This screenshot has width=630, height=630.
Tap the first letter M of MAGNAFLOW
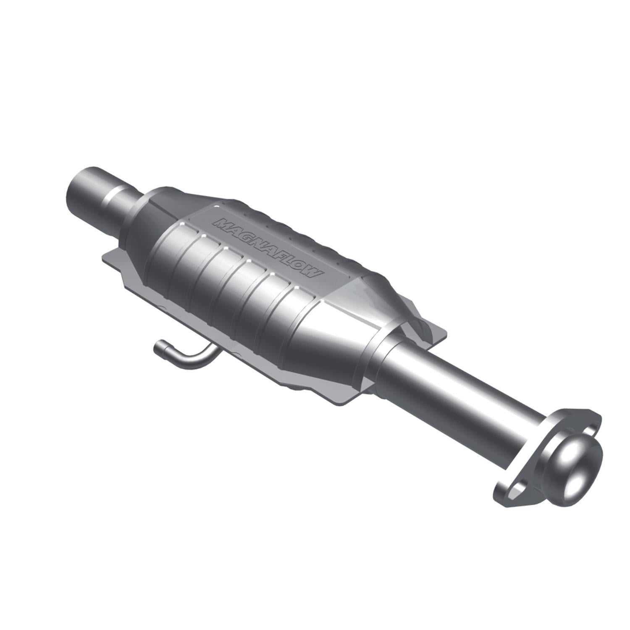click(221, 223)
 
